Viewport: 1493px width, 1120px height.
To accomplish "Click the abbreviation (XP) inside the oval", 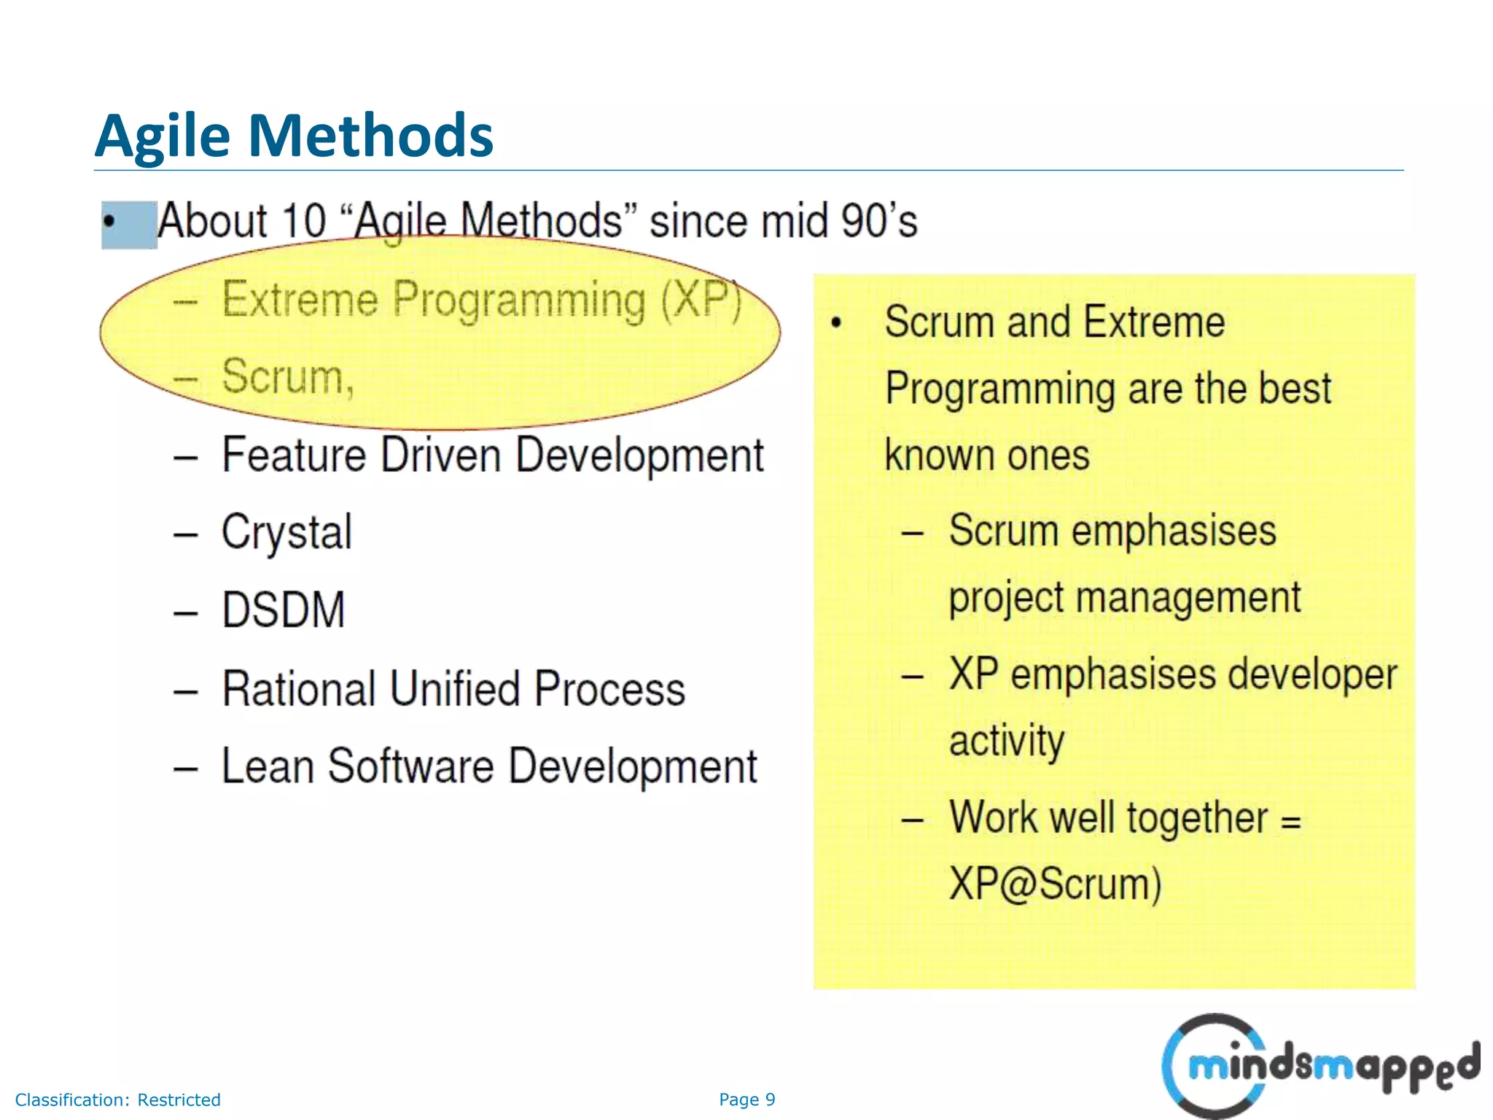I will point(701,299).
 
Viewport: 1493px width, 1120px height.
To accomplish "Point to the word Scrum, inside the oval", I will point(287,377).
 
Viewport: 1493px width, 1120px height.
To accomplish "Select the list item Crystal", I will point(286,532).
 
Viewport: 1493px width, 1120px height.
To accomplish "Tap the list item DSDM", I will point(283,610).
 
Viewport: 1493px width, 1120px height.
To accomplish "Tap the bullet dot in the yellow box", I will point(836,322).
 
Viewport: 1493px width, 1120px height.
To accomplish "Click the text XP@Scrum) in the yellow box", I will point(1054,884).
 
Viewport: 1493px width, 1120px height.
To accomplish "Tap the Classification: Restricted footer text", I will point(117,1100).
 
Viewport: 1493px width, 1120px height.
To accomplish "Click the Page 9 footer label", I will point(746,1100).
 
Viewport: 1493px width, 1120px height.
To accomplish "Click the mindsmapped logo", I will point(1319,1066).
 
